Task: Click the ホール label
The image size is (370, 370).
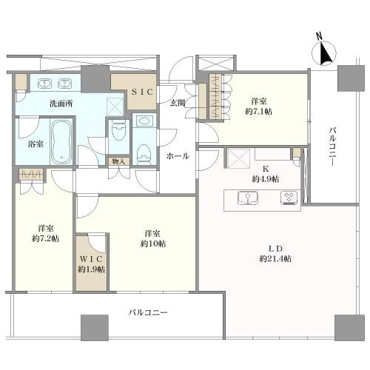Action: tap(178, 156)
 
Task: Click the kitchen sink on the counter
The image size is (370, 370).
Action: tap(247, 198)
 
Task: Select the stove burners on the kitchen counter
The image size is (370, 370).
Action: tap(289, 198)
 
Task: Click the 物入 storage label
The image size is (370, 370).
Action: tap(118, 161)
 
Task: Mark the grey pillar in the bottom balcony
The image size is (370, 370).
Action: tap(93, 326)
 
